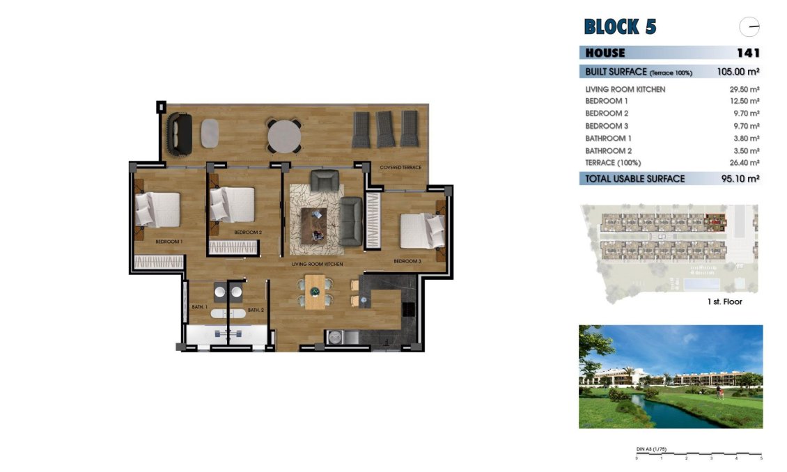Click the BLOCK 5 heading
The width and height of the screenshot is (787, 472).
tap(620, 27)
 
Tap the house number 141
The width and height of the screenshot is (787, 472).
tap(747, 53)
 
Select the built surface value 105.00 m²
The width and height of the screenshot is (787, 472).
tap(738, 71)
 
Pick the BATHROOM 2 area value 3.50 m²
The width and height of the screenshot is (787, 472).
tap(744, 150)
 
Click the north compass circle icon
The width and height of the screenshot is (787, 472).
tap(749, 27)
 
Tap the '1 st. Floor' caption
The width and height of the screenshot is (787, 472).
tap(724, 302)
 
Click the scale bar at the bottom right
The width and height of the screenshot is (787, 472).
tap(699, 455)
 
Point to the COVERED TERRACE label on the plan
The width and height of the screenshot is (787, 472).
tap(400, 168)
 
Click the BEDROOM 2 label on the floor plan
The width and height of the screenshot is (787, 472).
tap(248, 232)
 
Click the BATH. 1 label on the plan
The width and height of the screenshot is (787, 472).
tap(199, 307)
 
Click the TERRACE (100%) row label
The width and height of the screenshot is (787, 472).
tap(613, 163)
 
